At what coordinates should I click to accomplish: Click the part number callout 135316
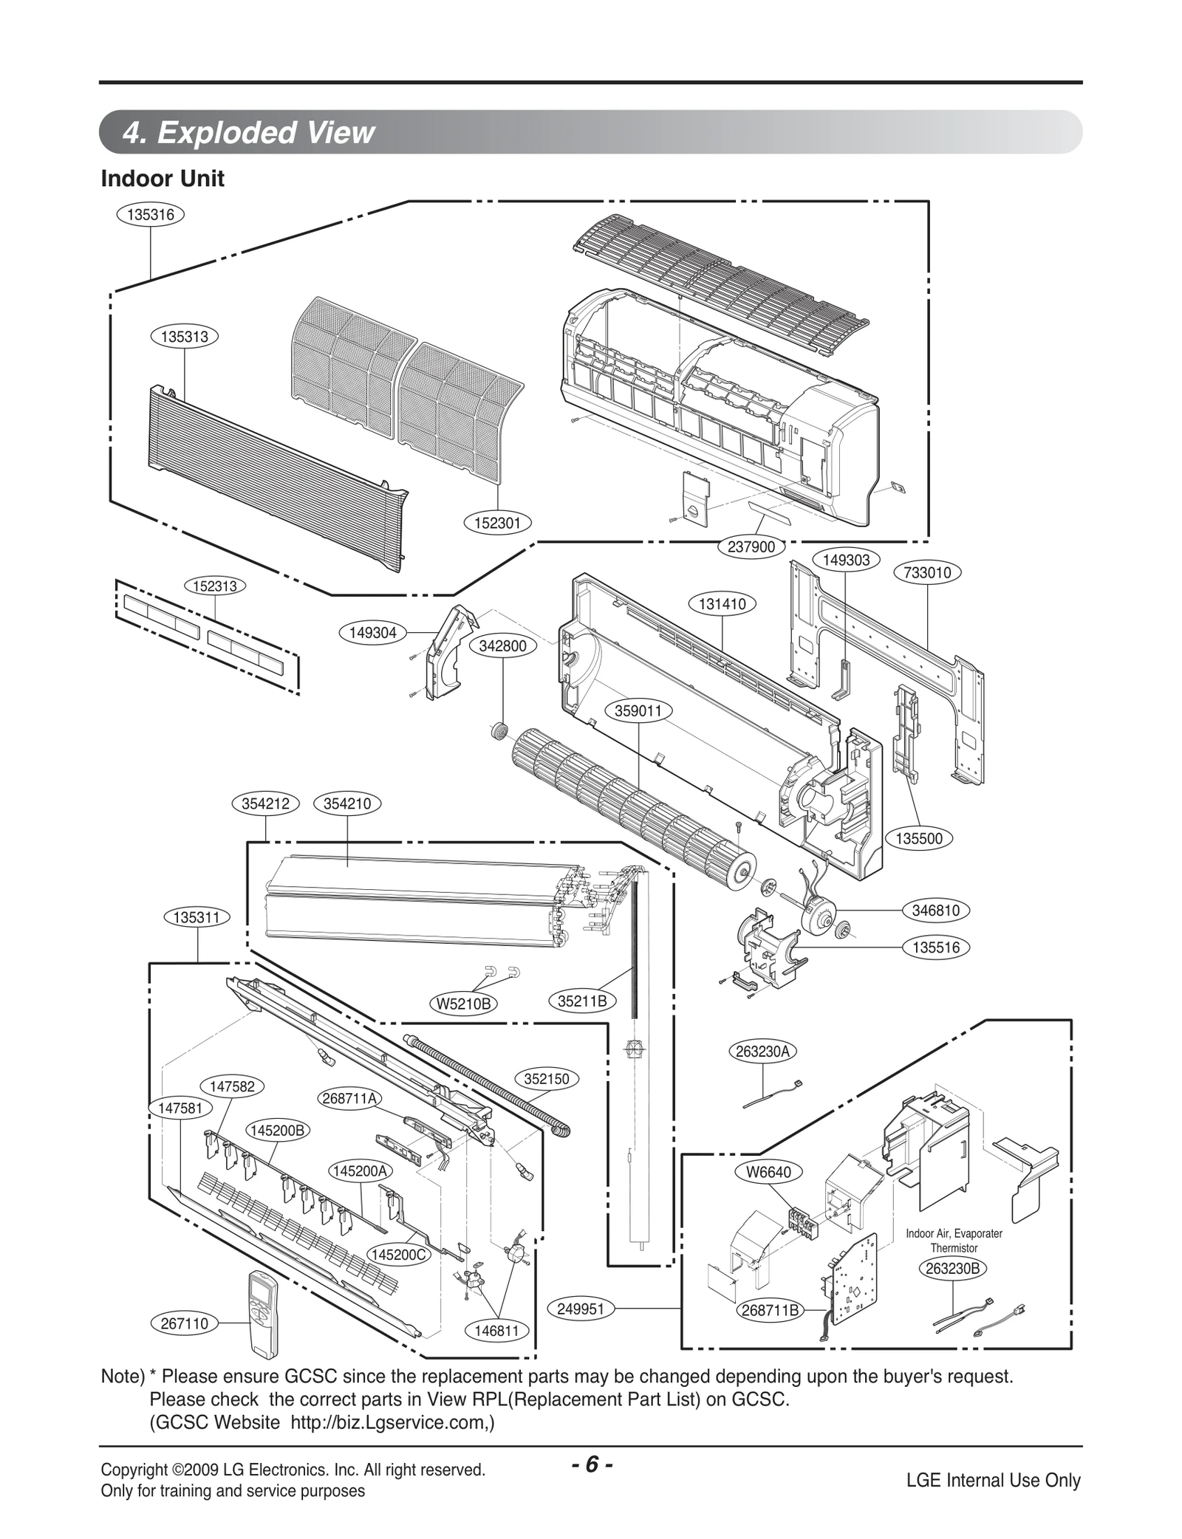pyautogui.click(x=150, y=215)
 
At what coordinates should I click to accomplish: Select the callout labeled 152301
pyautogui.click(x=498, y=524)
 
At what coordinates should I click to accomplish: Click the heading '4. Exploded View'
pyautogui.click(x=248, y=133)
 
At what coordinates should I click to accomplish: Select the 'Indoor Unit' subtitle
pyautogui.click(x=163, y=179)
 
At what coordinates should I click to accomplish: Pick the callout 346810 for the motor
pyautogui.click(x=936, y=911)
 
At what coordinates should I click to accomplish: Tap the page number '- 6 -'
pyautogui.click(x=591, y=1464)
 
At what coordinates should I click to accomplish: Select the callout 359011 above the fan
pyautogui.click(x=639, y=710)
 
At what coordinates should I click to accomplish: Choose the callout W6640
pyautogui.click(x=768, y=1172)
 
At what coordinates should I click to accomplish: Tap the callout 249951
pyautogui.click(x=581, y=1309)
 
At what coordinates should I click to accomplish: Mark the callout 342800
pyautogui.click(x=502, y=645)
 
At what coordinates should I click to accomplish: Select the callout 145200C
pyautogui.click(x=400, y=1255)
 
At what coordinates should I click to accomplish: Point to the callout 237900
pyautogui.click(x=751, y=546)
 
